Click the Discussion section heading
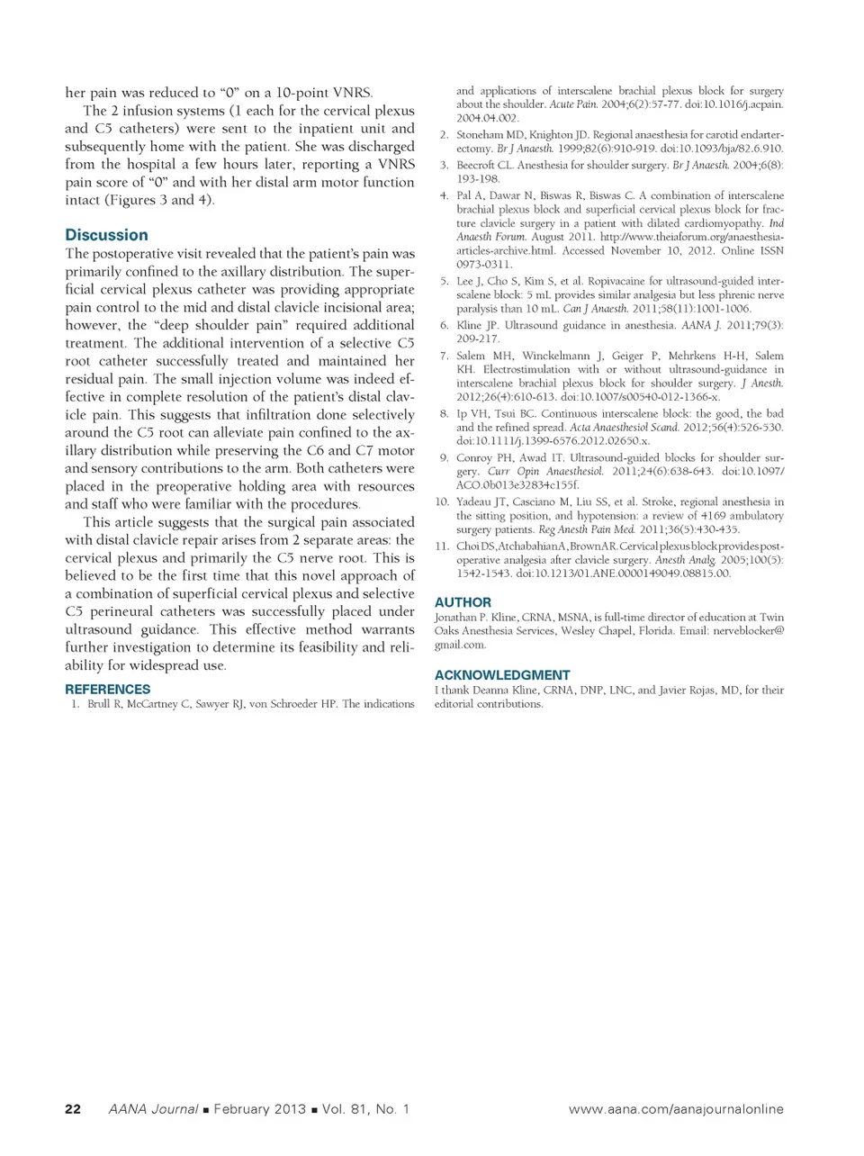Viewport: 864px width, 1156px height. (106, 235)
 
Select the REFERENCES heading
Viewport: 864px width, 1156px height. (107, 689)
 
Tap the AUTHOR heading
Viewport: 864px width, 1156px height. (463, 602)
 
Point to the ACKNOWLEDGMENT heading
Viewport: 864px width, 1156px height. (502, 675)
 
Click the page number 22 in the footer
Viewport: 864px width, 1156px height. (73, 1109)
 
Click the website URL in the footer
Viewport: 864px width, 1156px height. (676, 1109)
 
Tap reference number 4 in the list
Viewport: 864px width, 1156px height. (444, 195)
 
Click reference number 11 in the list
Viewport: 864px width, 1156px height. (441, 546)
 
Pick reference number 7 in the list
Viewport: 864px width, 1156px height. (444, 356)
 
